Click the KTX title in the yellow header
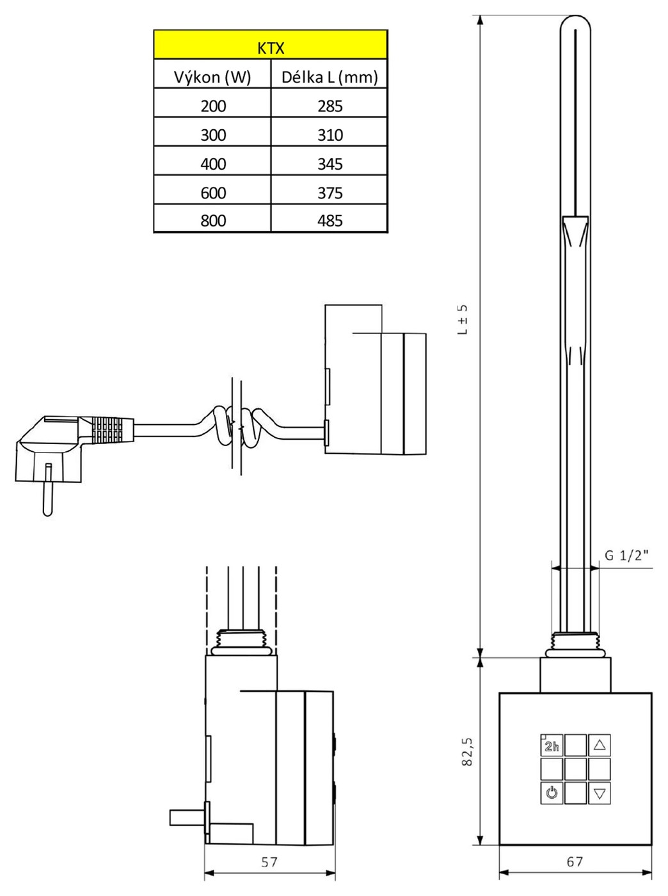[x=271, y=49]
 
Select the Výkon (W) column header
[x=212, y=77]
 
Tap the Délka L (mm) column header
[x=330, y=77]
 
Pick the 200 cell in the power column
[x=213, y=106]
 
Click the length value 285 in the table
[x=330, y=106]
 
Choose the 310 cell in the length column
[x=330, y=135]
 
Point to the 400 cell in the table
[x=213, y=164]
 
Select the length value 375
[x=330, y=193]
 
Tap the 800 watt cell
[x=213, y=221]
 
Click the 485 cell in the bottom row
[x=330, y=221]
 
